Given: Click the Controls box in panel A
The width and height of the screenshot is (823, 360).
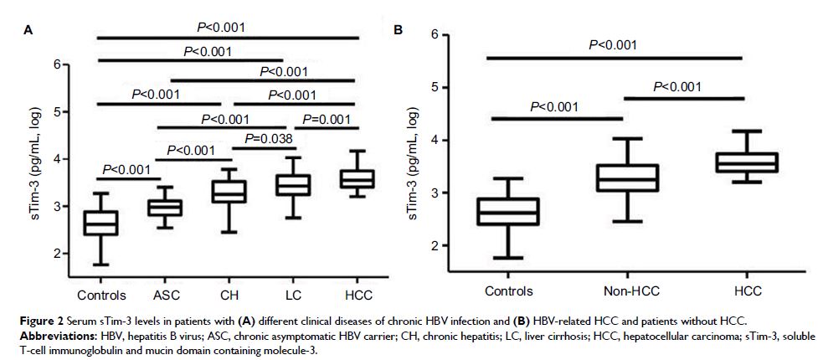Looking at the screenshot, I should [101, 224].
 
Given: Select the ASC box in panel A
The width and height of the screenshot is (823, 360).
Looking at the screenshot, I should [165, 208].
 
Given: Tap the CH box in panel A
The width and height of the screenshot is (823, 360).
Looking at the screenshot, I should [229, 192].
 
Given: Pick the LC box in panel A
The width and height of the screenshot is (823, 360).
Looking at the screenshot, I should [294, 185].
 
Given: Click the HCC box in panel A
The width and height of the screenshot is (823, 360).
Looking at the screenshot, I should [357, 178].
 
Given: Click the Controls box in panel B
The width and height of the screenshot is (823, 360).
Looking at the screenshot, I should [508, 211].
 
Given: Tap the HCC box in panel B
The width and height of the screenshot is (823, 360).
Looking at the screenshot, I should [743, 162].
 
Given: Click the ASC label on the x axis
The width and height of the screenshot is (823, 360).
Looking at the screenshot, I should [165, 295].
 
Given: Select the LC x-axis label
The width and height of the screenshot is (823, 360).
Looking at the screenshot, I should [293, 295].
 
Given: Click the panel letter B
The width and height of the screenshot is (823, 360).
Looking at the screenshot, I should [399, 30].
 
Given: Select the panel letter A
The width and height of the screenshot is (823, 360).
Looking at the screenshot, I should [28, 30].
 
